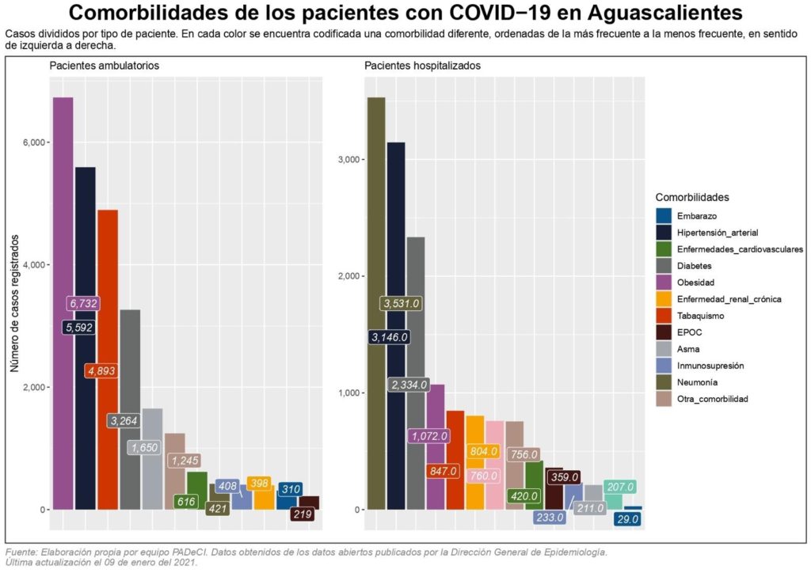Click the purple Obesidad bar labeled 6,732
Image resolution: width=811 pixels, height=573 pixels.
click(63, 198)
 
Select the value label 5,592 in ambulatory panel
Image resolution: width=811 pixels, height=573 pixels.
click(79, 326)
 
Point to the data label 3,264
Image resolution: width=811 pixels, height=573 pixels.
click(124, 421)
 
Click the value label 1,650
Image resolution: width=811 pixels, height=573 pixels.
click(145, 447)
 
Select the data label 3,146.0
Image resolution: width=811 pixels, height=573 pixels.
click(389, 337)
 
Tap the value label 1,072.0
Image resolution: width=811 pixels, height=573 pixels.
click(429, 435)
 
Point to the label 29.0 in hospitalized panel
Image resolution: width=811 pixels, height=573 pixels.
click(627, 518)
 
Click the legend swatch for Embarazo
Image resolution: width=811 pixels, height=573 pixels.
click(664, 215)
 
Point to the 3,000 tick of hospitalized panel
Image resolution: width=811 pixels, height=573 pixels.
click(350, 160)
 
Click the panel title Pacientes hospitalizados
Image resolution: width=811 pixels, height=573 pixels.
click(422, 66)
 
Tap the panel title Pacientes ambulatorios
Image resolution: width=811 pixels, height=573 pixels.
click(105, 66)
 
